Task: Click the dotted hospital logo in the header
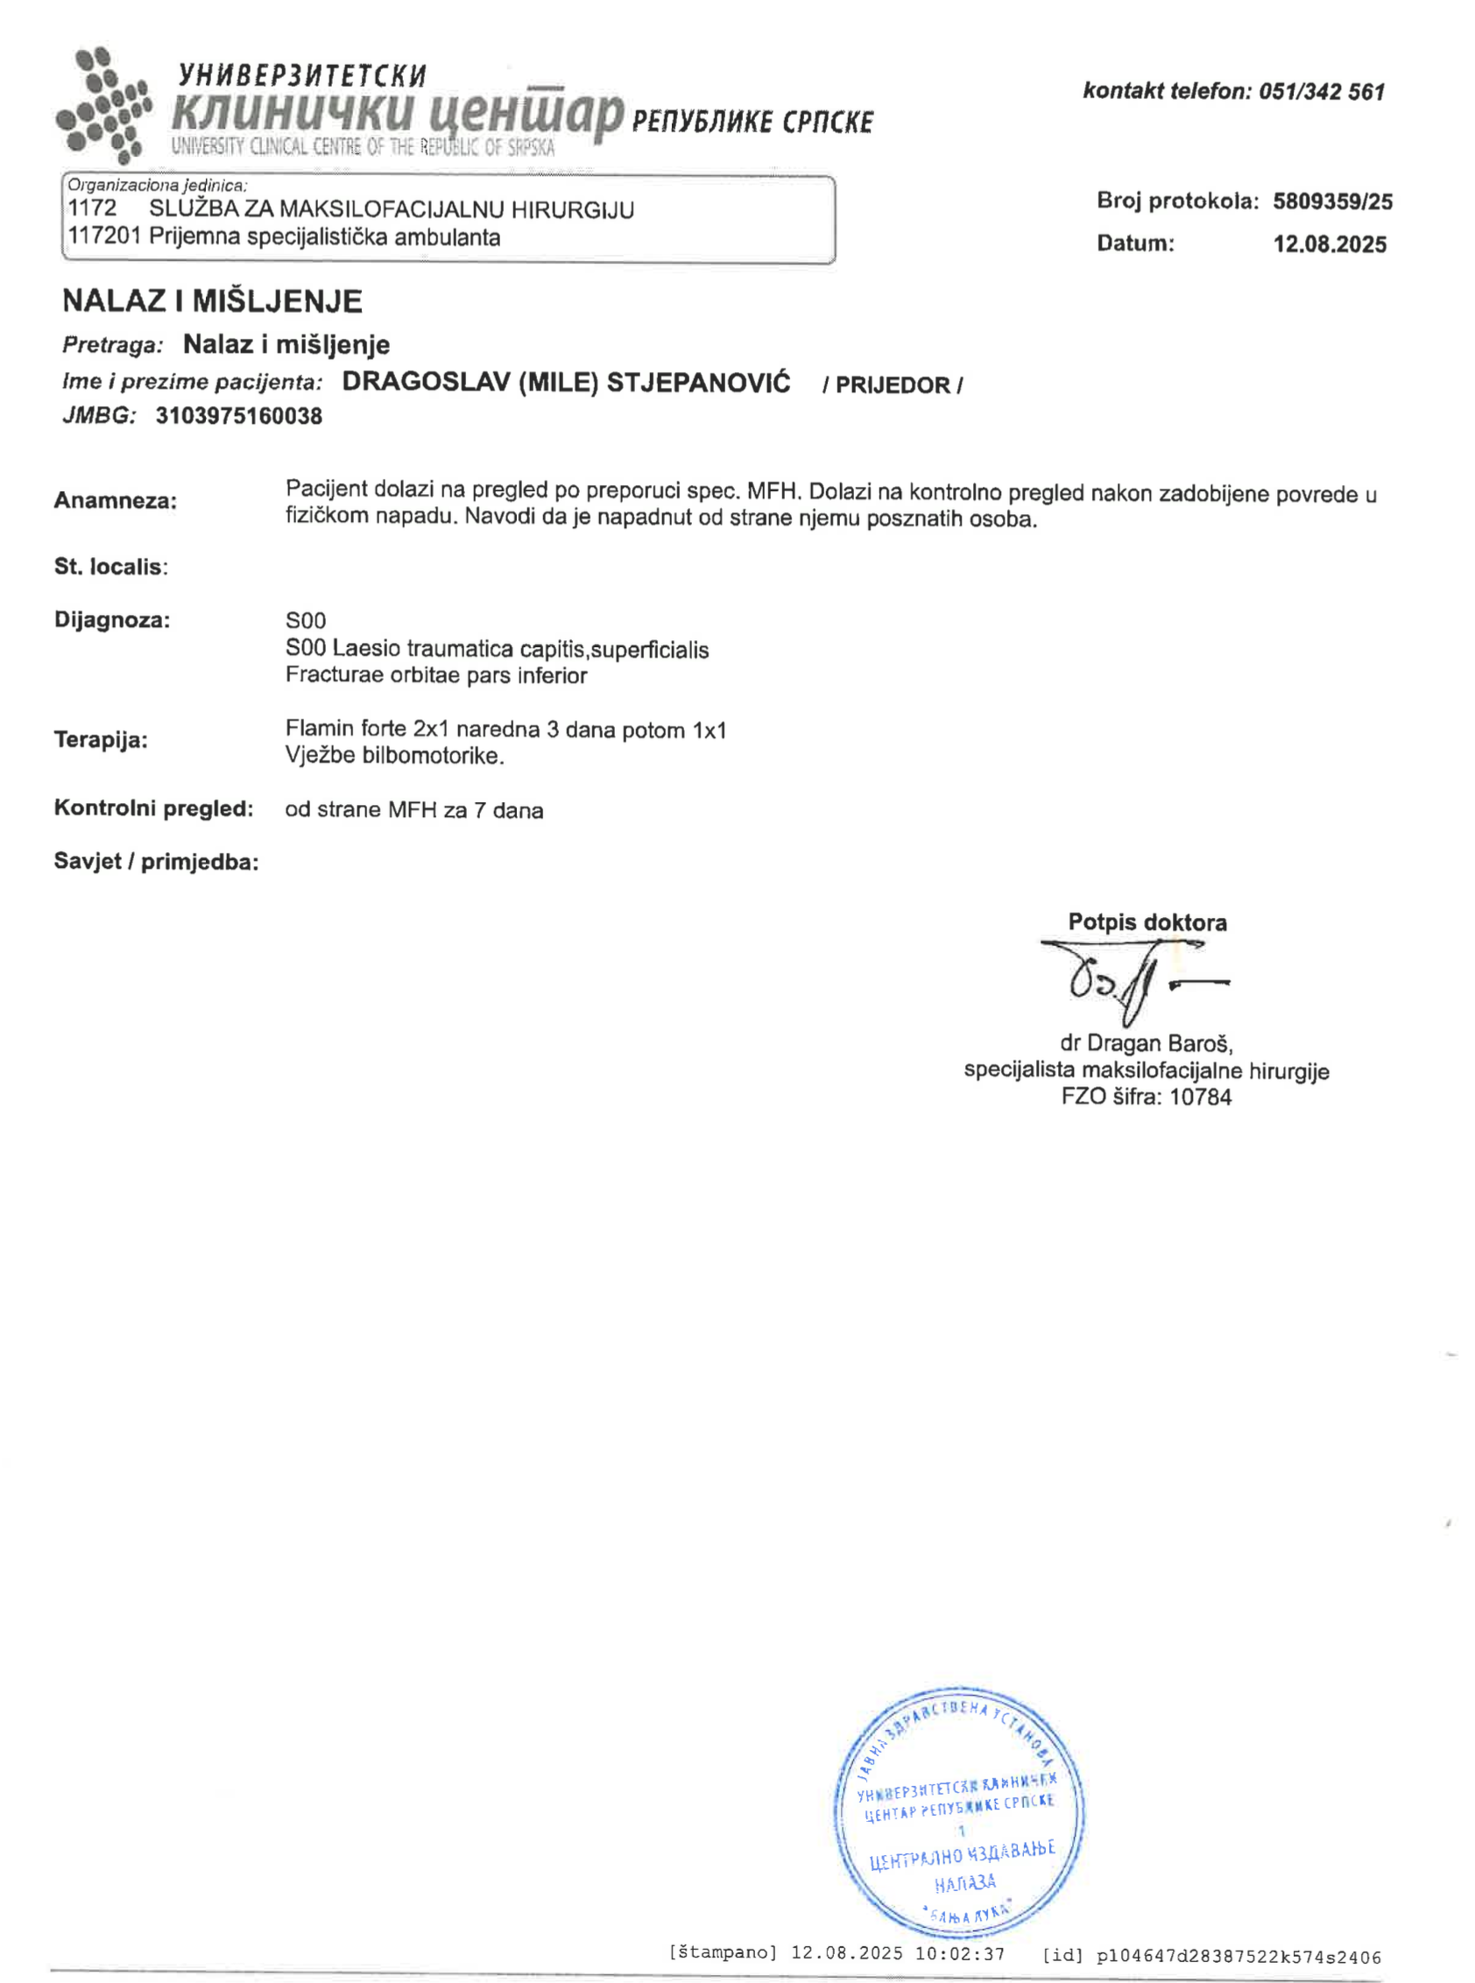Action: click(102, 106)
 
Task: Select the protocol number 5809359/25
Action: click(1332, 201)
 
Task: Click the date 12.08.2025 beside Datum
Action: click(1330, 244)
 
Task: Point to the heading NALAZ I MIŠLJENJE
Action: click(213, 301)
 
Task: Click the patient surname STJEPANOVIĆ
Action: click(698, 383)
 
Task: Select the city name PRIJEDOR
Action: click(892, 385)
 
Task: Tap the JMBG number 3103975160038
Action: click(238, 416)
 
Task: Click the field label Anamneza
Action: click(115, 501)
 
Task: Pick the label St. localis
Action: click(110, 567)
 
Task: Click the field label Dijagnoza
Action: click(111, 619)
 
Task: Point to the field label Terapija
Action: click(100, 740)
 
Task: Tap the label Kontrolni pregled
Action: click(153, 809)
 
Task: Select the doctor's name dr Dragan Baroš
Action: click(1146, 1043)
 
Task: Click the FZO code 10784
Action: click(1200, 1097)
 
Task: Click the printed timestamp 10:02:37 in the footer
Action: click(960, 1954)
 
